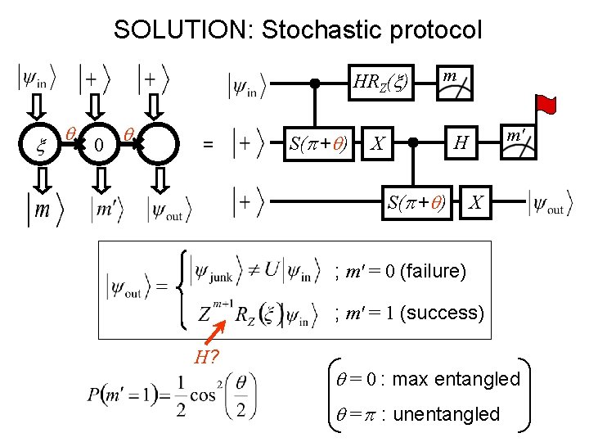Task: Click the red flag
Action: [546, 106]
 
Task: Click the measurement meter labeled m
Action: [454, 82]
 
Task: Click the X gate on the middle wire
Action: [377, 144]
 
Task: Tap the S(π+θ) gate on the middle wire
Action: [318, 144]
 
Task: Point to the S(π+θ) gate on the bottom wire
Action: [416, 201]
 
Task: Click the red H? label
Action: [206, 356]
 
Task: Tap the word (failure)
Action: [434, 270]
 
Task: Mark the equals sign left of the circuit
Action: [209, 145]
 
